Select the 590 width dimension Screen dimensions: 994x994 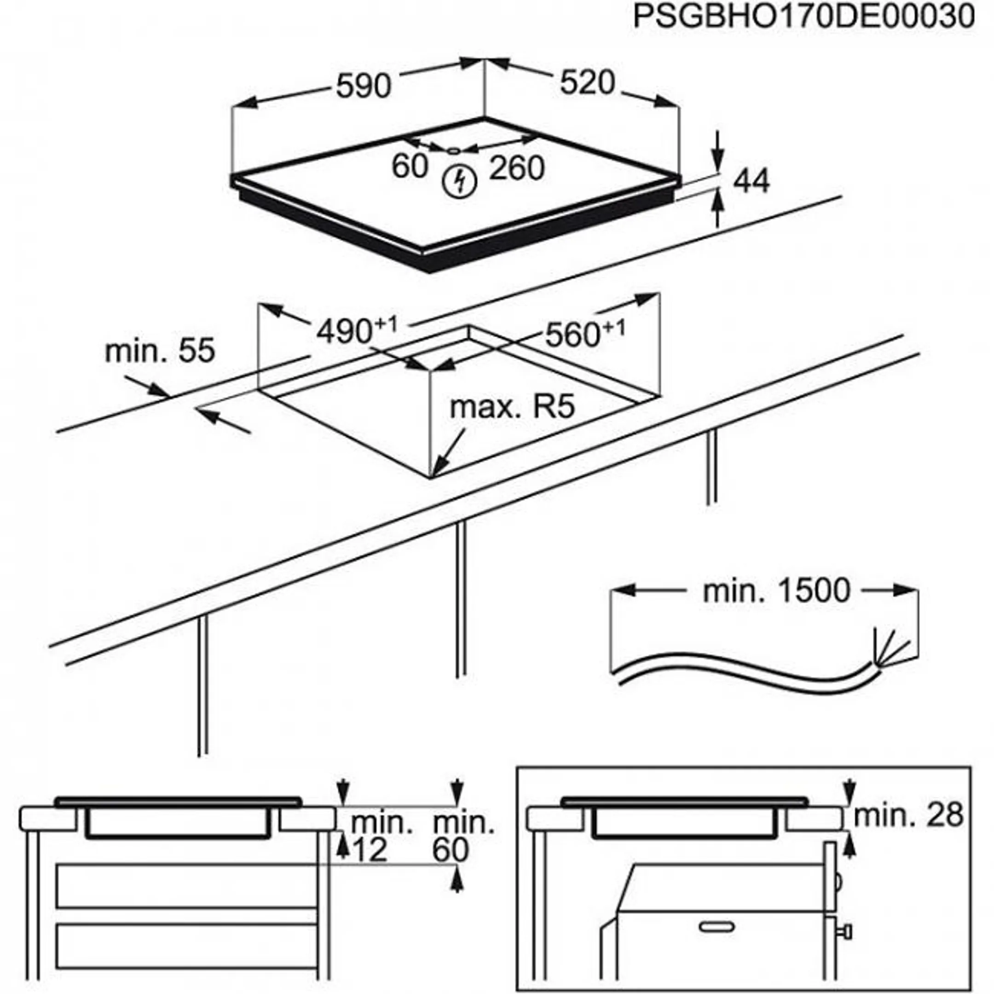coord(363,86)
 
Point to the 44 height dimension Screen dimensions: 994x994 coord(751,181)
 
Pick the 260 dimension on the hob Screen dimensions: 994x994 coord(516,168)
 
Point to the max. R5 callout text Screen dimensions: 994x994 coord(512,407)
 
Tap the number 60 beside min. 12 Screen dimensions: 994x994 coord(451,850)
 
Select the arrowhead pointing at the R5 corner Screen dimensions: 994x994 coord(439,466)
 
